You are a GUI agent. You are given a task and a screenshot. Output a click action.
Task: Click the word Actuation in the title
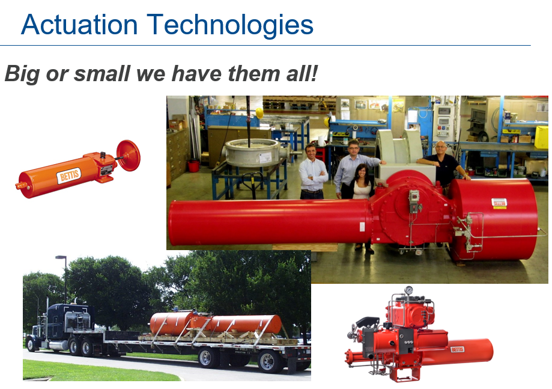79,25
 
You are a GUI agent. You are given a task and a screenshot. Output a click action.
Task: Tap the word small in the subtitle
102,73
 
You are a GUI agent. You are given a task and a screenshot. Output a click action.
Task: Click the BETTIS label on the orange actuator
68,176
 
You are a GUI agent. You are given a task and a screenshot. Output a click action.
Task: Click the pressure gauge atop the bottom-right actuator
408,290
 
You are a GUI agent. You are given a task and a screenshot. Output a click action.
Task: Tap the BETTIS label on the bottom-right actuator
457,349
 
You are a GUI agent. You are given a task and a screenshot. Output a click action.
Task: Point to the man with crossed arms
312,171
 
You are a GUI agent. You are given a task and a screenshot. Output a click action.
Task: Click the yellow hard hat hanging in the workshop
259,113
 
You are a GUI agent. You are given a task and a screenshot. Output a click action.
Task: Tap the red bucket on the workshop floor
193,165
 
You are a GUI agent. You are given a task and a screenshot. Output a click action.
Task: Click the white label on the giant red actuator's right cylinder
499,203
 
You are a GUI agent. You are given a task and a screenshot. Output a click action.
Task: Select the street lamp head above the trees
60,257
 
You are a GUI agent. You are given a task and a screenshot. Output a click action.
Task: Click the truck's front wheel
31,345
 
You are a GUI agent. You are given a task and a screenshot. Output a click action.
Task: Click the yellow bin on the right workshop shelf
541,137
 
